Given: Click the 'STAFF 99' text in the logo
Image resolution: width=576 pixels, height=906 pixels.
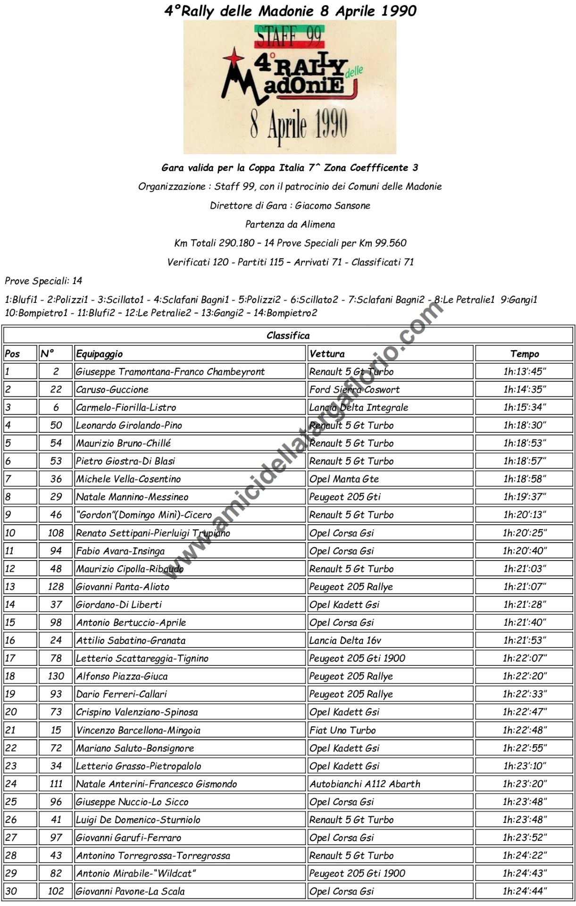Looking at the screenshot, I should point(289,35).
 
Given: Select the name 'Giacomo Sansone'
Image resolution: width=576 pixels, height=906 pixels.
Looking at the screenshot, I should point(333,206).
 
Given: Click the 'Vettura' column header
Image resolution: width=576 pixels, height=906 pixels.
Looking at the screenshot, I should point(327,354).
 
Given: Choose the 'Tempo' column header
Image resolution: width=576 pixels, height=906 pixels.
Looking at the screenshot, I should point(524,354).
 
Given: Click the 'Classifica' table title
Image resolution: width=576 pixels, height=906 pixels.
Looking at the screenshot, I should point(288,336).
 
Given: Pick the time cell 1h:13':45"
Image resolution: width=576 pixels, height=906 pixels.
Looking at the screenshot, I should point(524,372).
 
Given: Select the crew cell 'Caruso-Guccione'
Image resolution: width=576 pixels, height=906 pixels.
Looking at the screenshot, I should point(112,390).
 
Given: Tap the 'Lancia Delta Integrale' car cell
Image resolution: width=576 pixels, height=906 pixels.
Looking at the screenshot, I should point(359,408).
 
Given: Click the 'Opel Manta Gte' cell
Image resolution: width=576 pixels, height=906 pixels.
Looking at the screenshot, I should point(344,479).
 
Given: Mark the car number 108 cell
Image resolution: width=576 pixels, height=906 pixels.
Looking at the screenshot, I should point(56,533).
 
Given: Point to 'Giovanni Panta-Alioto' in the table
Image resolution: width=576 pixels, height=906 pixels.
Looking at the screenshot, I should point(123,587).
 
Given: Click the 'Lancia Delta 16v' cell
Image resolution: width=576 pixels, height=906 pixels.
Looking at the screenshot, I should point(345,641).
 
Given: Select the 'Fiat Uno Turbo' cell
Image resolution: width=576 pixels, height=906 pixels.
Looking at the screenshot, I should point(342,730).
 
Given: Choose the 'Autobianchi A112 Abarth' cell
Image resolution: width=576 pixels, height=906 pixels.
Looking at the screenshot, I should point(365,784).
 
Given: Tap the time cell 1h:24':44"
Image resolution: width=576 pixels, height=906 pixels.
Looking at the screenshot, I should point(524,892).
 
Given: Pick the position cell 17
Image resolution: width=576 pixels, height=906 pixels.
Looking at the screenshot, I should point(10,659).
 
